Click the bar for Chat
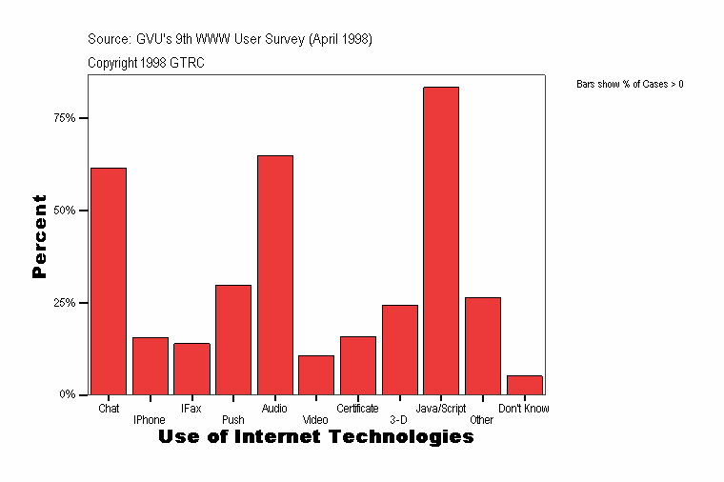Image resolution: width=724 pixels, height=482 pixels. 109,281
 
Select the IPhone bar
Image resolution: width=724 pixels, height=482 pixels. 150,366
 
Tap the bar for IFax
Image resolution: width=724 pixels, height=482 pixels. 191,369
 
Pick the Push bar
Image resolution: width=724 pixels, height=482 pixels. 233,339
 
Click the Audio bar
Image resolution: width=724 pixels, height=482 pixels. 274,274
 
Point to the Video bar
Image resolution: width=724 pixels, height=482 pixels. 316,374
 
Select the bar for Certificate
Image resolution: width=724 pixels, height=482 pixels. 358,365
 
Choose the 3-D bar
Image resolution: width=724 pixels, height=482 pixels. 399,350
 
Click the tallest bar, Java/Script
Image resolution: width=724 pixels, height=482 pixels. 441,240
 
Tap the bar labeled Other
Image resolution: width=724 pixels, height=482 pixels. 483,346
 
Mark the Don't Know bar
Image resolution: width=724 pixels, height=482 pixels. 524,385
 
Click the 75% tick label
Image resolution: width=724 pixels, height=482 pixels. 64,118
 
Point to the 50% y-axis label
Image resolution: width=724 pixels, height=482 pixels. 64,210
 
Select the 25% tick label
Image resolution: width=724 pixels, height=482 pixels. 64,302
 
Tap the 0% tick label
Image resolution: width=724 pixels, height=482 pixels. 67,394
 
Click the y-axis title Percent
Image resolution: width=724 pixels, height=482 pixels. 39,236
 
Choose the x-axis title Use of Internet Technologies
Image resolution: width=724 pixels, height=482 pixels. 315,437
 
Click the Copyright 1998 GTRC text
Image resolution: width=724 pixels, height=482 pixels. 146,63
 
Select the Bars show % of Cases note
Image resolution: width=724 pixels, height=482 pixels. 630,85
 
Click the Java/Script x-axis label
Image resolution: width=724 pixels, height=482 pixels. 441,409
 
